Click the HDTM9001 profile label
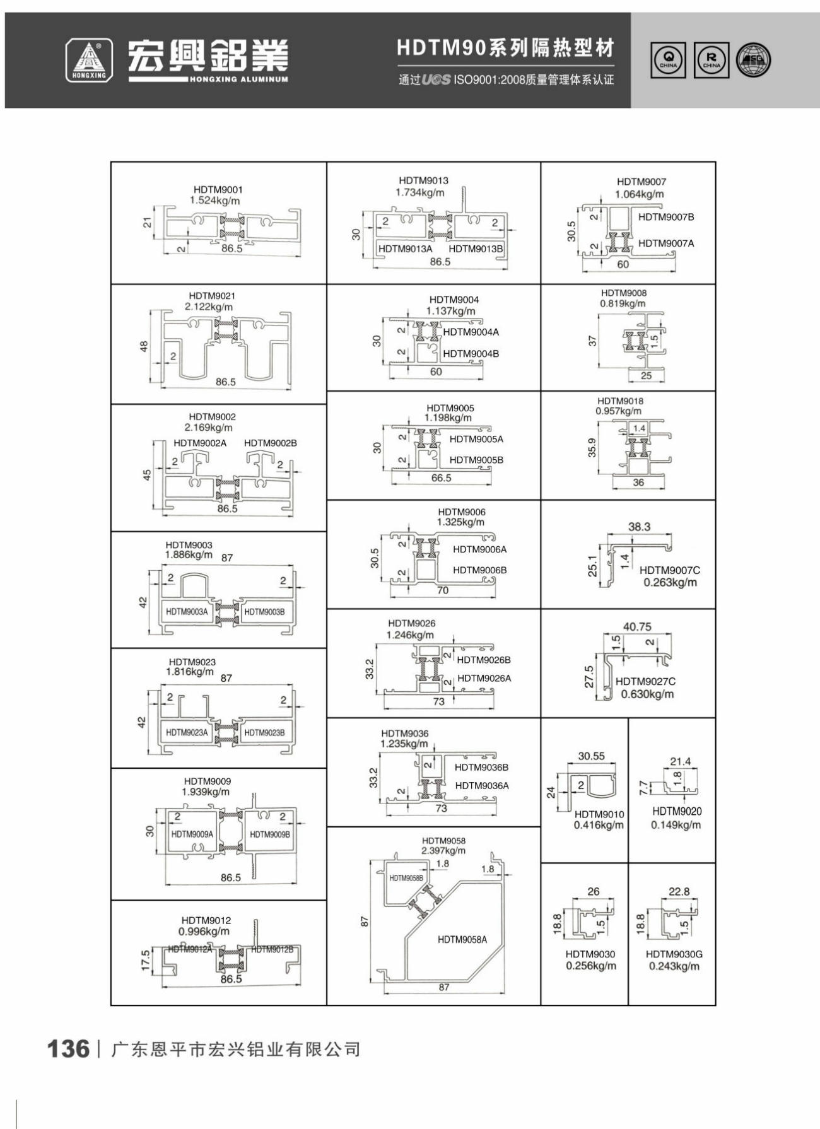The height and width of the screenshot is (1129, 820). click(x=218, y=189)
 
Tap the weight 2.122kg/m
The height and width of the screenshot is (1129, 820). click(x=209, y=307)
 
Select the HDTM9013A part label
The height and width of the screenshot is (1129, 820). click(x=405, y=249)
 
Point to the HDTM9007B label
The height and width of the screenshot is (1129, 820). click(x=666, y=217)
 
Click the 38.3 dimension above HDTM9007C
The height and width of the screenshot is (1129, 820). click(x=639, y=527)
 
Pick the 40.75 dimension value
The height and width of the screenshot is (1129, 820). click(x=637, y=626)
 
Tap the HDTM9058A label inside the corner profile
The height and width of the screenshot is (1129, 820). click(x=462, y=939)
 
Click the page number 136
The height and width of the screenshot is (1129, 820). click(x=68, y=1049)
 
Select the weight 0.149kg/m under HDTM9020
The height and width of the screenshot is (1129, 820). click(x=676, y=824)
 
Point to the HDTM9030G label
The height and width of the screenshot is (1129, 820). click(x=674, y=954)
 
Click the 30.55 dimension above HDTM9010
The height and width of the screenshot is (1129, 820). click(x=591, y=756)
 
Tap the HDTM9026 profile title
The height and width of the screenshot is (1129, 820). click(x=411, y=623)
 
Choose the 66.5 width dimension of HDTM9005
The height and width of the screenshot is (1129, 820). click(x=442, y=478)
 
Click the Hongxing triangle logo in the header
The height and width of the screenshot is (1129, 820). click(x=90, y=60)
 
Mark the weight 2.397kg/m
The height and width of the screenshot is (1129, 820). click(x=444, y=851)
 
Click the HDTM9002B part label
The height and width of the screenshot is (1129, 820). click(x=271, y=443)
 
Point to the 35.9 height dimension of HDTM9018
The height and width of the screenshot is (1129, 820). click(x=592, y=448)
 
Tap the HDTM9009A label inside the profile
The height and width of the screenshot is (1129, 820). click(x=192, y=834)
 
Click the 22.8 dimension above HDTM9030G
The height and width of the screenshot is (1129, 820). click(x=679, y=891)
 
